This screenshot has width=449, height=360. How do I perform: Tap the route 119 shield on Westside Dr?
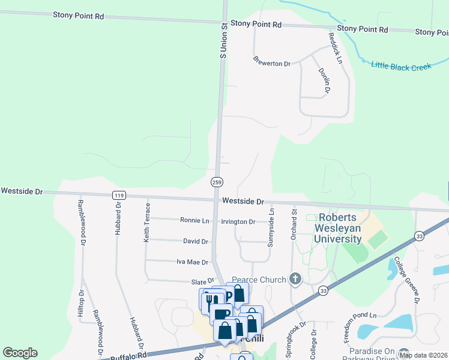pyautogui.click(x=118, y=195)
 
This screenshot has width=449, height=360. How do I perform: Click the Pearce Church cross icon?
pyautogui.click(x=295, y=278)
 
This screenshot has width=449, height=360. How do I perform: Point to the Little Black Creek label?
pyautogui.click(x=401, y=66)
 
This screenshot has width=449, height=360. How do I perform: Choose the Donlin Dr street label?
pyautogui.click(x=324, y=80)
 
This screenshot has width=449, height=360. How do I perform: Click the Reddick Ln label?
pyautogui.click(x=335, y=49)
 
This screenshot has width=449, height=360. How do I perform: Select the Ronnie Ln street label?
pyautogui.click(x=194, y=220)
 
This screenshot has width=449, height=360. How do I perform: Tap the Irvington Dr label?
pyautogui.click(x=238, y=221)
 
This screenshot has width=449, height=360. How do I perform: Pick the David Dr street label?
pyautogui.click(x=196, y=241)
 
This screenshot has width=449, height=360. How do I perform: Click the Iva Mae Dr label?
pyautogui.click(x=192, y=262)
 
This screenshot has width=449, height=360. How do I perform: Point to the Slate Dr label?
pyautogui.click(x=202, y=280)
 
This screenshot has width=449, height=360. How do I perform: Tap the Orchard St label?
pyautogui.click(x=294, y=224)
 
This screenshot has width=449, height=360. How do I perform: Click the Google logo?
pyautogui.click(x=20, y=353)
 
